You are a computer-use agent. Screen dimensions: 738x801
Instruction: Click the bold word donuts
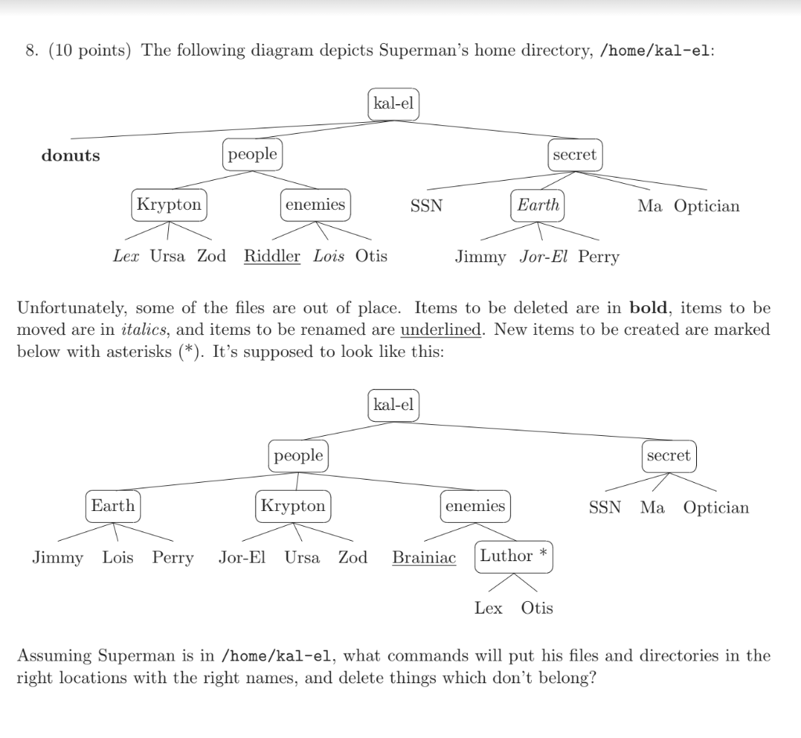[x=70, y=155]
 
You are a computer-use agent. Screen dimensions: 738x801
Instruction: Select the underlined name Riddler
[x=272, y=256]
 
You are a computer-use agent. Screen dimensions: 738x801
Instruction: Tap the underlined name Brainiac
[x=424, y=558]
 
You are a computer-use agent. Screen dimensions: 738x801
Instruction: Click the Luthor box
[x=506, y=556]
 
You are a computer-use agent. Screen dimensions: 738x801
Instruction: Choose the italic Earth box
[x=538, y=205]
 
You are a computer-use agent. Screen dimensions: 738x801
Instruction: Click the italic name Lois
[x=329, y=256]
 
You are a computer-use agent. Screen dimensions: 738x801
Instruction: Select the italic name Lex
[x=126, y=256]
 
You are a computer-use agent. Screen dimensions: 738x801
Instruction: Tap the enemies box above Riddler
[x=315, y=205]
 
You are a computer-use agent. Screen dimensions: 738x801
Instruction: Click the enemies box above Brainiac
[x=475, y=506]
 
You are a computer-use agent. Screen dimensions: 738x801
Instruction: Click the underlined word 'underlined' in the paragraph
[x=441, y=329]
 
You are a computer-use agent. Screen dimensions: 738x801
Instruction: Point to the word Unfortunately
[x=69, y=308]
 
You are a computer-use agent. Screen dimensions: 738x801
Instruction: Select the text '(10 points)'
[x=88, y=51]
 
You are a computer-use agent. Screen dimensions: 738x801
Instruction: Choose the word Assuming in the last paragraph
[x=53, y=656]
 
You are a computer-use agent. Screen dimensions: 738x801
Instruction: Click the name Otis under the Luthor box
[x=537, y=608]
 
